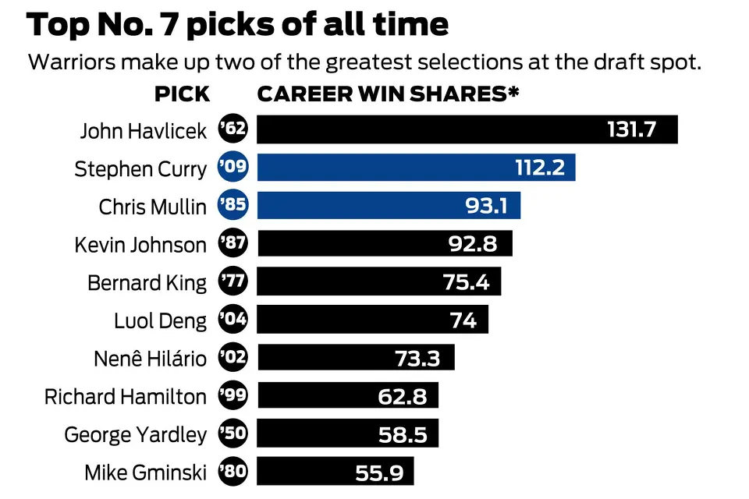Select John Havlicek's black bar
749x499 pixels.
429,129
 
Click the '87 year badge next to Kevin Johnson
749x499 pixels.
233,244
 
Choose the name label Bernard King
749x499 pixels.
147,282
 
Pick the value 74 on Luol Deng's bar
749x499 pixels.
463,320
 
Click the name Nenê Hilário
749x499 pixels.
150,359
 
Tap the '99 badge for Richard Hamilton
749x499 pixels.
233,396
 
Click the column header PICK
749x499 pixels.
182,95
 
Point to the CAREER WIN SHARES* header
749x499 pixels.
389,95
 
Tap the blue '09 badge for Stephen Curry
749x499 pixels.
233,168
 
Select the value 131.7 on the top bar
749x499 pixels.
632,129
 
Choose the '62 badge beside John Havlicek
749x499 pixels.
233,129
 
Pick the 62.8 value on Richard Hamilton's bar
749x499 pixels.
402,396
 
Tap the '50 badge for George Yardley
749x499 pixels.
233,434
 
